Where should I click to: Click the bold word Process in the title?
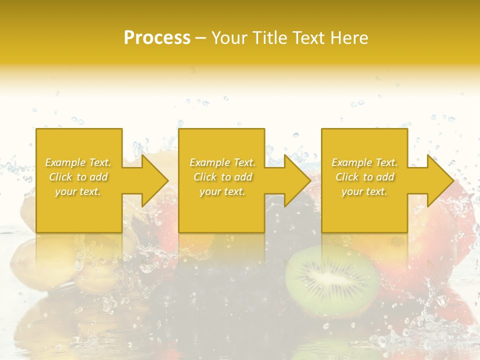click(x=157, y=38)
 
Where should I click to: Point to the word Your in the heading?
click(x=229, y=38)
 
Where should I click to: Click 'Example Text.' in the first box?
click(x=78, y=162)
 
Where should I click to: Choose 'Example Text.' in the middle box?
click(x=222, y=162)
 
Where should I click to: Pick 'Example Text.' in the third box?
click(x=364, y=162)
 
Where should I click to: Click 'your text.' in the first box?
click(x=78, y=191)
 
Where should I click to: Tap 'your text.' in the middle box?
click(x=222, y=191)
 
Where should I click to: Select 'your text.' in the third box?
click(x=364, y=191)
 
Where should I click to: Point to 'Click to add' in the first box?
click(x=78, y=177)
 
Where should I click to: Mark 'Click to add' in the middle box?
click(x=222, y=177)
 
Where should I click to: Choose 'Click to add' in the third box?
click(x=364, y=177)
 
